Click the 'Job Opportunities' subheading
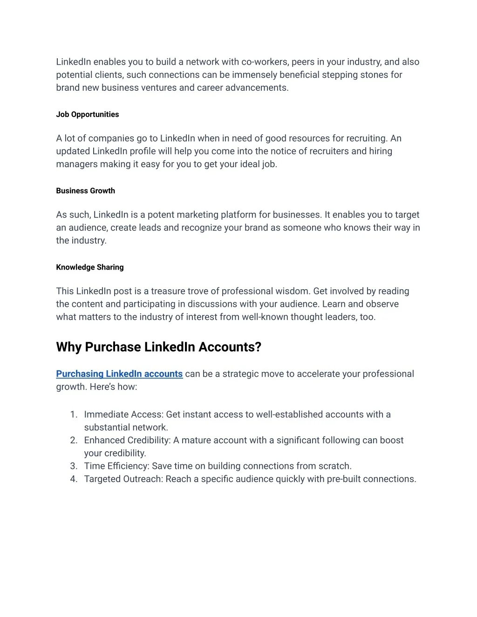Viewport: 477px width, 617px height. click(x=88, y=115)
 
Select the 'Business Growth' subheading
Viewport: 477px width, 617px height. click(x=85, y=191)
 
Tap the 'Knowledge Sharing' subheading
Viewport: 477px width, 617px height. click(x=90, y=267)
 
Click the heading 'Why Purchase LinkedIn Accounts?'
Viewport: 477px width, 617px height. click(x=158, y=347)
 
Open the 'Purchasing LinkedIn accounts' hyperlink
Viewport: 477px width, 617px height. click(x=119, y=374)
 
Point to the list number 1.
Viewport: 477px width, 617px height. click(x=74, y=414)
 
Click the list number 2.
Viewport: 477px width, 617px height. click(x=74, y=440)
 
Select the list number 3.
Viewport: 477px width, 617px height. click(x=74, y=466)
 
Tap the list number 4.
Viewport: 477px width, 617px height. click(x=74, y=479)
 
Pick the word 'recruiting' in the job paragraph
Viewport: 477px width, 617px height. click(x=366, y=138)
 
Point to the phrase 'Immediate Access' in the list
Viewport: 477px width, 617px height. click(x=123, y=414)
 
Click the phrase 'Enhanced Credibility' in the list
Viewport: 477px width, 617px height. click(x=127, y=440)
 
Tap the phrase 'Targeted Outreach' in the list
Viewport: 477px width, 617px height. click(x=123, y=479)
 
